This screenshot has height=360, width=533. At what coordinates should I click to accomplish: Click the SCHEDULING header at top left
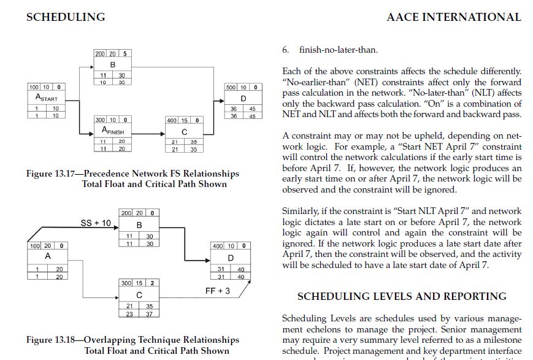[66, 17]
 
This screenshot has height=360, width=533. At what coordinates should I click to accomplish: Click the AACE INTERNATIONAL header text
[453, 17]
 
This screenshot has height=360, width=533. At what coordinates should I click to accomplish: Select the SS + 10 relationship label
[96, 223]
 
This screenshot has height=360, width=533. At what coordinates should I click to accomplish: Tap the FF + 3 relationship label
[218, 290]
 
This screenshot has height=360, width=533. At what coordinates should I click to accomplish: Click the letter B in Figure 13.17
[113, 65]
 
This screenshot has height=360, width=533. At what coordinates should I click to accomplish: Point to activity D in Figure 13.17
[243, 99]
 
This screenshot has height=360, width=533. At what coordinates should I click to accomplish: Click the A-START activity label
[47, 98]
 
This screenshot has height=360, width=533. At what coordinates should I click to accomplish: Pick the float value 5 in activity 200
[125, 54]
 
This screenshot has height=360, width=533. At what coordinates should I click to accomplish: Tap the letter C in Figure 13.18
[139, 295]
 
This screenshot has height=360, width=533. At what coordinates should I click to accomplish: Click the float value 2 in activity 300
[151, 283]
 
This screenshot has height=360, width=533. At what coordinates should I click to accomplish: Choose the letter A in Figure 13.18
[47, 256]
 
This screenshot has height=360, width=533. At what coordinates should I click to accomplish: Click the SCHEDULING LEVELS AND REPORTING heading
[402, 297]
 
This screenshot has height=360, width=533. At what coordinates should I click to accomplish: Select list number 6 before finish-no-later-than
[285, 50]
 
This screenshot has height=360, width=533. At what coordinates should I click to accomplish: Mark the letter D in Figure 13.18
[231, 258]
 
